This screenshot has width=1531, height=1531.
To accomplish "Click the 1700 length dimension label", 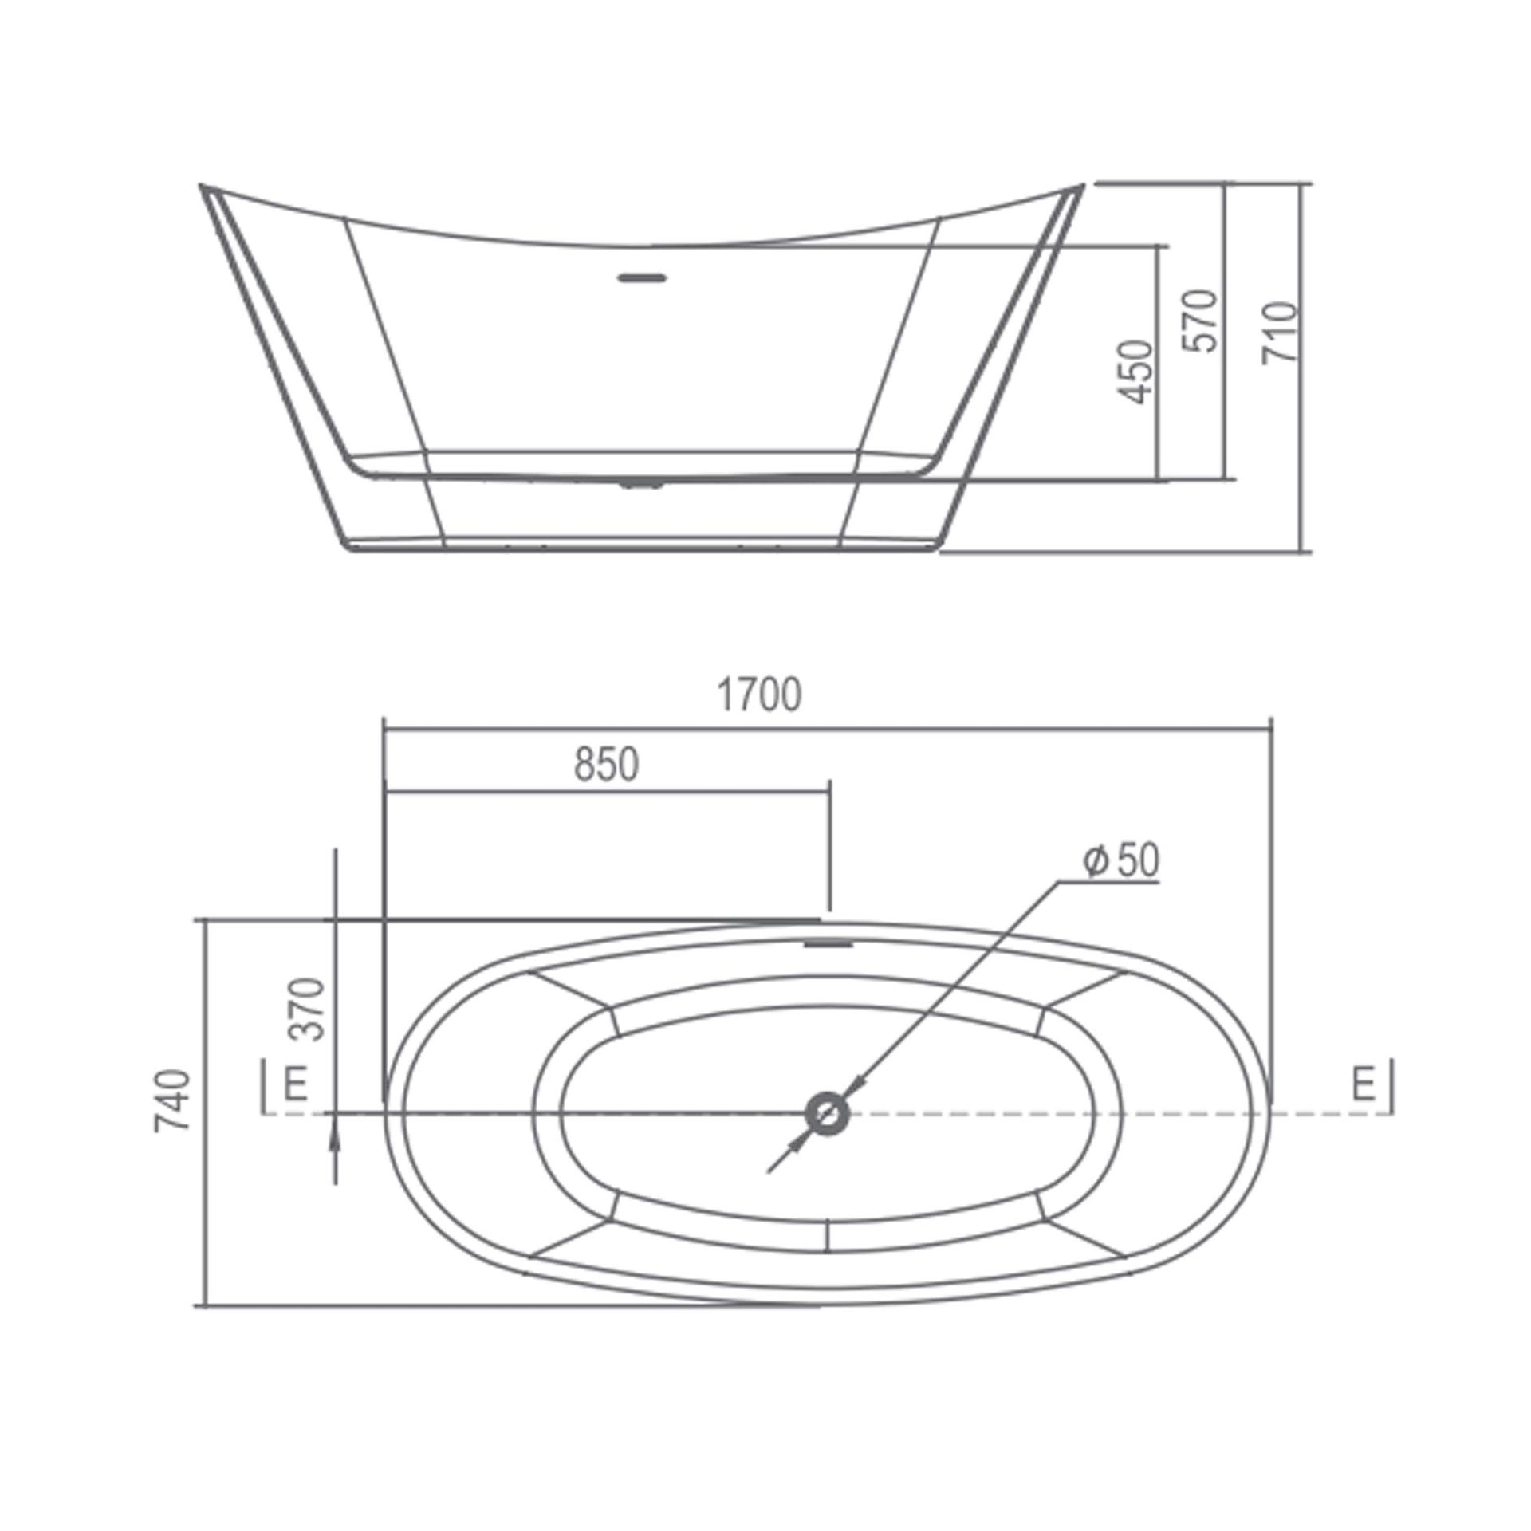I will (x=759, y=695).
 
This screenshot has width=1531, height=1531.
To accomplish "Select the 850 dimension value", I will (x=606, y=765).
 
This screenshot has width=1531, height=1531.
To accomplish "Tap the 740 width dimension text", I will (x=173, y=1101).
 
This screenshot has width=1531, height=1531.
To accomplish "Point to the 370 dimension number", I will (x=308, y=1010).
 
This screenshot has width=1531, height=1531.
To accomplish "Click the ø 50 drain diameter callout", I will (x=1120, y=860).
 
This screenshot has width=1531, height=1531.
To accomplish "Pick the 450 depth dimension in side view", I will (x=1135, y=372).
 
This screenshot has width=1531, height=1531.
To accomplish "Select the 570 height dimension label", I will (x=1201, y=321).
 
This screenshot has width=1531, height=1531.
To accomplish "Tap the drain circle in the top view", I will (x=827, y=1112).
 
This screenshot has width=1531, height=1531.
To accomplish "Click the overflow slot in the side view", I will (x=642, y=277).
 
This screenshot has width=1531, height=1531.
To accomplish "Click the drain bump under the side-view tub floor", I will (x=642, y=484).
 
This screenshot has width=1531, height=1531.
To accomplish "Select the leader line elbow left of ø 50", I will (x=1059, y=883).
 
